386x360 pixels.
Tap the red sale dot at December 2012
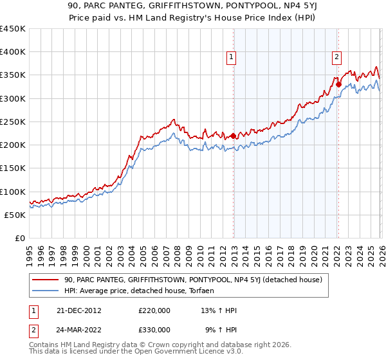pyautogui.click(x=233, y=136)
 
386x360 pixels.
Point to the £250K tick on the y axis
pyautogui.click(x=13, y=122)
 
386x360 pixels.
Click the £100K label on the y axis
pyautogui.click(x=13, y=192)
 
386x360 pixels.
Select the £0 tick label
pyautogui.click(x=21, y=238)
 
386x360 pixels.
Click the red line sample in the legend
pyautogui.click(x=46, y=280)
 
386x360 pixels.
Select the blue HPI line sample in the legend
pyautogui.click(x=46, y=291)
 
